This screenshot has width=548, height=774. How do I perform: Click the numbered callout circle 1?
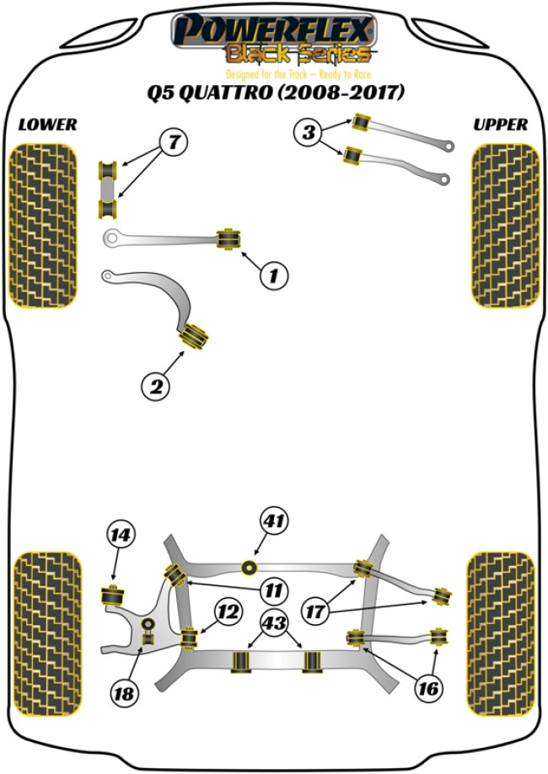[274, 275]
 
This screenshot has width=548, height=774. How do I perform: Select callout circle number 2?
[157, 387]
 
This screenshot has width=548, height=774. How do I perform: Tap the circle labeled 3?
[309, 132]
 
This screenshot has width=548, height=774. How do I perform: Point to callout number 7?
[173, 144]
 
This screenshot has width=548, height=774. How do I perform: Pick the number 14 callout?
[121, 534]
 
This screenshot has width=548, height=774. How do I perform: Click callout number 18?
[125, 693]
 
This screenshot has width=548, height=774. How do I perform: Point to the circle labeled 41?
[271, 520]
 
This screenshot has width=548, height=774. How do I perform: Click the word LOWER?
[47, 125]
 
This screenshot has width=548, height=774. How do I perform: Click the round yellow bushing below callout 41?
[249, 566]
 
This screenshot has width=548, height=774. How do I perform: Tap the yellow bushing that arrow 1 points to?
[227, 238]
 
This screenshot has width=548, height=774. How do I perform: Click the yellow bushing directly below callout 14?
[110, 594]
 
